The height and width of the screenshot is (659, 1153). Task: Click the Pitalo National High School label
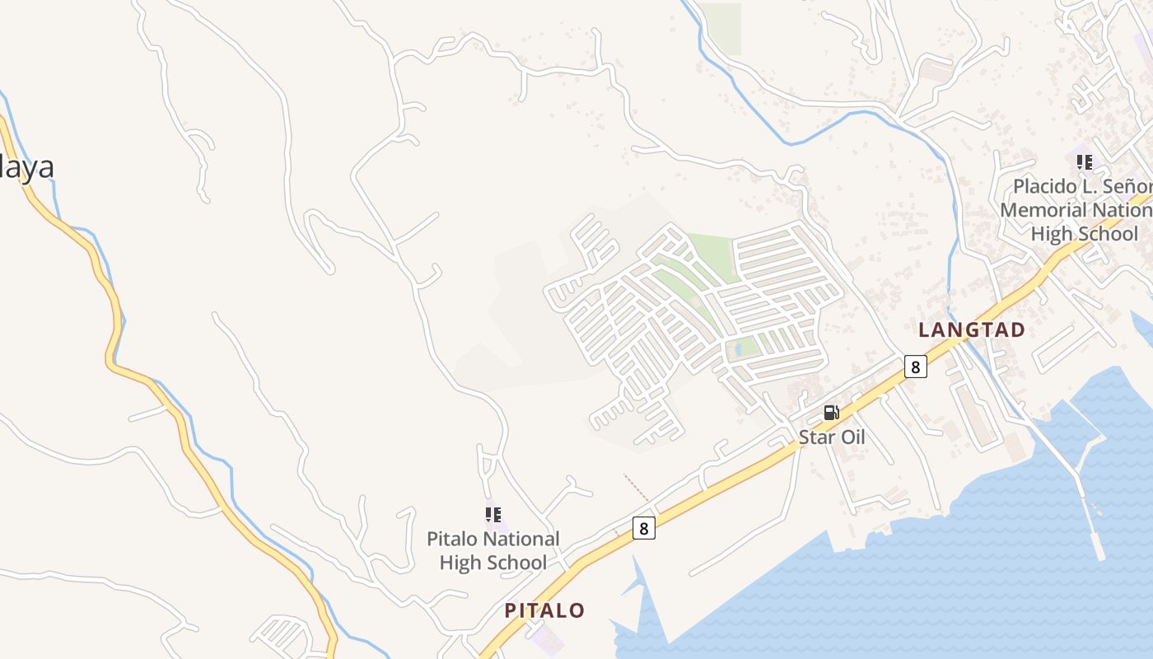492,550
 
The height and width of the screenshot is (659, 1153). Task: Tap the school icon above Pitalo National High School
493,516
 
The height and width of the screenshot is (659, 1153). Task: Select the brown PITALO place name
544,610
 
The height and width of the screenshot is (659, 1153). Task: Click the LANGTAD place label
972,330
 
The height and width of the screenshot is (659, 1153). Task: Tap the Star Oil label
832,437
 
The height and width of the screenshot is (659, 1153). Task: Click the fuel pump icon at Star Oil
832,413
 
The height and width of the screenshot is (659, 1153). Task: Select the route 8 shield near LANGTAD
915,366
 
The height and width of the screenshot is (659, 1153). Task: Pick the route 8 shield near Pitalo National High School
644,527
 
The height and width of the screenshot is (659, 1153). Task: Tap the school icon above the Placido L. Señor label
1085,161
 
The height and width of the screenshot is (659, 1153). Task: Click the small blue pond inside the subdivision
738,349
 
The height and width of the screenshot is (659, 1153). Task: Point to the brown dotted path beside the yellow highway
636,487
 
